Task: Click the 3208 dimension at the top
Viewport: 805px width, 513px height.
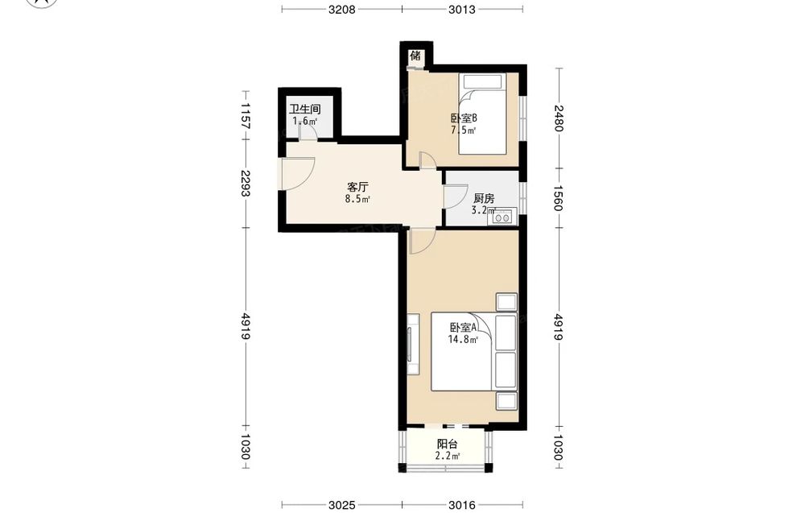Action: pyautogui.click(x=341, y=9)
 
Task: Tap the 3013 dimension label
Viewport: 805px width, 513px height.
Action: pyautogui.click(x=461, y=9)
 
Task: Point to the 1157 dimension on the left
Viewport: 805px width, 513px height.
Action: pyautogui.click(x=246, y=115)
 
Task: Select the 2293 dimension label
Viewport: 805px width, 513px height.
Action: pyautogui.click(x=246, y=184)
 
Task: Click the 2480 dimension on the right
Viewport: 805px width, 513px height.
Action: pyautogui.click(x=559, y=118)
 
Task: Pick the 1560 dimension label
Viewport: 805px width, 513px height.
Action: pyautogui.click(x=559, y=197)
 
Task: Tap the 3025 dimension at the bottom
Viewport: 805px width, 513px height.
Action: pyautogui.click(x=341, y=505)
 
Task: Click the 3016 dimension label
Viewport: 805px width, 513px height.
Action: pyautogui.click(x=461, y=505)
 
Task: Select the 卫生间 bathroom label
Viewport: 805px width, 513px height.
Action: pyautogui.click(x=304, y=109)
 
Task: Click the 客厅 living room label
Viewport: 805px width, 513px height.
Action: pyautogui.click(x=358, y=186)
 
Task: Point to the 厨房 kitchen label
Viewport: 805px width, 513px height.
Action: pyautogui.click(x=484, y=198)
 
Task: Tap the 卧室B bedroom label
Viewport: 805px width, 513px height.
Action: pyautogui.click(x=464, y=118)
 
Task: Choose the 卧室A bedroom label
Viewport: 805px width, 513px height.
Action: pyautogui.click(x=464, y=327)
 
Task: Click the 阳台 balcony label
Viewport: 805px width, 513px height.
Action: pyautogui.click(x=447, y=445)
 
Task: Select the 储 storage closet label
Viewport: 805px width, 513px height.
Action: pyautogui.click(x=415, y=56)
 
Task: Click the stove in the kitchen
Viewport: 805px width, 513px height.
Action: pyautogui.click(x=502, y=217)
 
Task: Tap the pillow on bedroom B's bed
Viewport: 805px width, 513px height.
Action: pyautogui.click(x=482, y=81)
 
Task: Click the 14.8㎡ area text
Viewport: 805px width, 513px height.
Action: pyautogui.click(x=463, y=339)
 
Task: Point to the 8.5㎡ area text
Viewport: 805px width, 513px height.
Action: pyautogui.click(x=357, y=199)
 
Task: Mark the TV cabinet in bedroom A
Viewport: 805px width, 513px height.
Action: pyautogui.click(x=413, y=344)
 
